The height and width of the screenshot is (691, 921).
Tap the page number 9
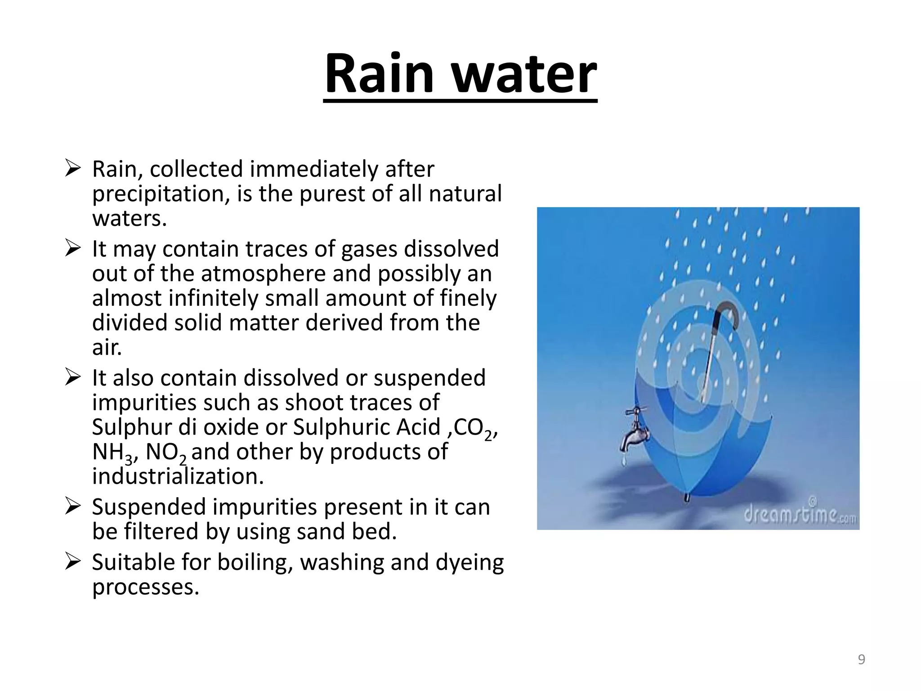click(x=861, y=660)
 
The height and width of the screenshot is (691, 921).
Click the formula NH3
click(x=112, y=452)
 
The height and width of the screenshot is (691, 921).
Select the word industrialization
click(x=178, y=476)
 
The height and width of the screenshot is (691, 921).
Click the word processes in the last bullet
click(x=145, y=587)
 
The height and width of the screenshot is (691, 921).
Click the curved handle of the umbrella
click(x=728, y=314)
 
